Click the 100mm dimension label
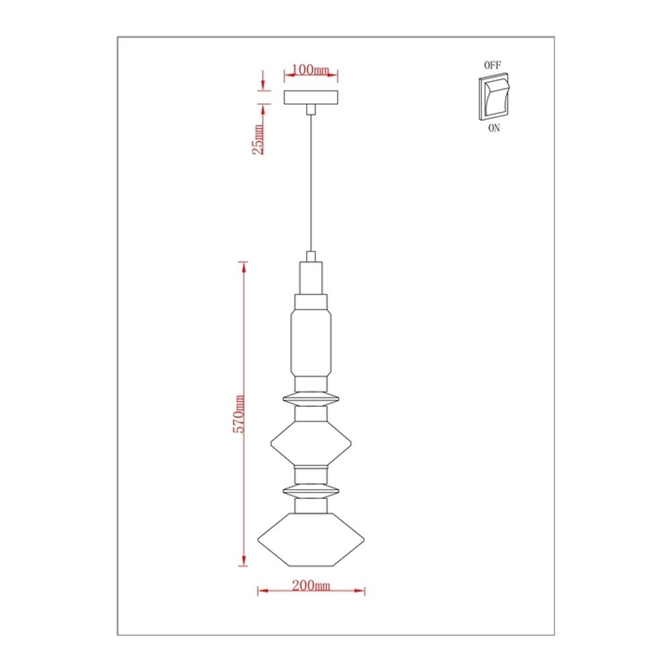pos(311,70)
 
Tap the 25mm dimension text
pos(258,139)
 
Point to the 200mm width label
pos(311,585)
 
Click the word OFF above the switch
pos(493,65)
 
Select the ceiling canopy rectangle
pos(311,98)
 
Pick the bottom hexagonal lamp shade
pos(311,538)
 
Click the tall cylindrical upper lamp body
pos(311,340)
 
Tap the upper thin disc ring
pos(311,400)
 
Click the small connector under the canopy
pos(311,109)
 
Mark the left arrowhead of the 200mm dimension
pos(262,591)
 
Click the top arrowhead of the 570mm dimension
pos(244,266)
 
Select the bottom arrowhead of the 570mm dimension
pos(244,562)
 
